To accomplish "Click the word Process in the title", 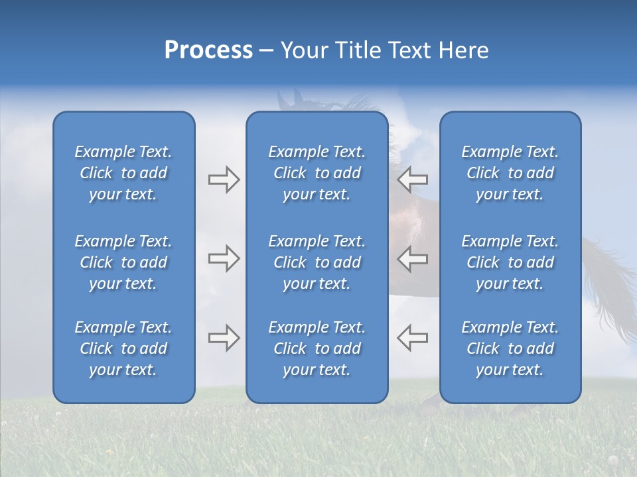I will (x=208, y=50).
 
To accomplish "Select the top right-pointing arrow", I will (x=224, y=180).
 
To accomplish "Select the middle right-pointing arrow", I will (x=224, y=259).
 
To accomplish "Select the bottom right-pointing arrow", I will (x=224, y=338).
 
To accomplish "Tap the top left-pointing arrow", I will (x=413, y=180).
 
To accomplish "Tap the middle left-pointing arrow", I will (x=413, y=259).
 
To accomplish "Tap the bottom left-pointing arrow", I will (x=413, y=338).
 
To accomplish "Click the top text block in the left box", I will (x=123, y=173).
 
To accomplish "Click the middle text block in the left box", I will (x=123, y=262).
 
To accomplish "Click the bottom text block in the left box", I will (x=123, y=348).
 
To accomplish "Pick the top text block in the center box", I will (x=317, y=173).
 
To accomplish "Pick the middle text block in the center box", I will (x=317, y=262).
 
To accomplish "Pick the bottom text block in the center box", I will (x=317, y=348).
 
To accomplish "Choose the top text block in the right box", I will (x=510, y=173).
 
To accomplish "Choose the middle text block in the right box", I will (x=510, y=262).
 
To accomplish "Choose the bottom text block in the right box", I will (x=510, y=348).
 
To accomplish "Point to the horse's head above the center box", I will (x=292, y=101).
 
